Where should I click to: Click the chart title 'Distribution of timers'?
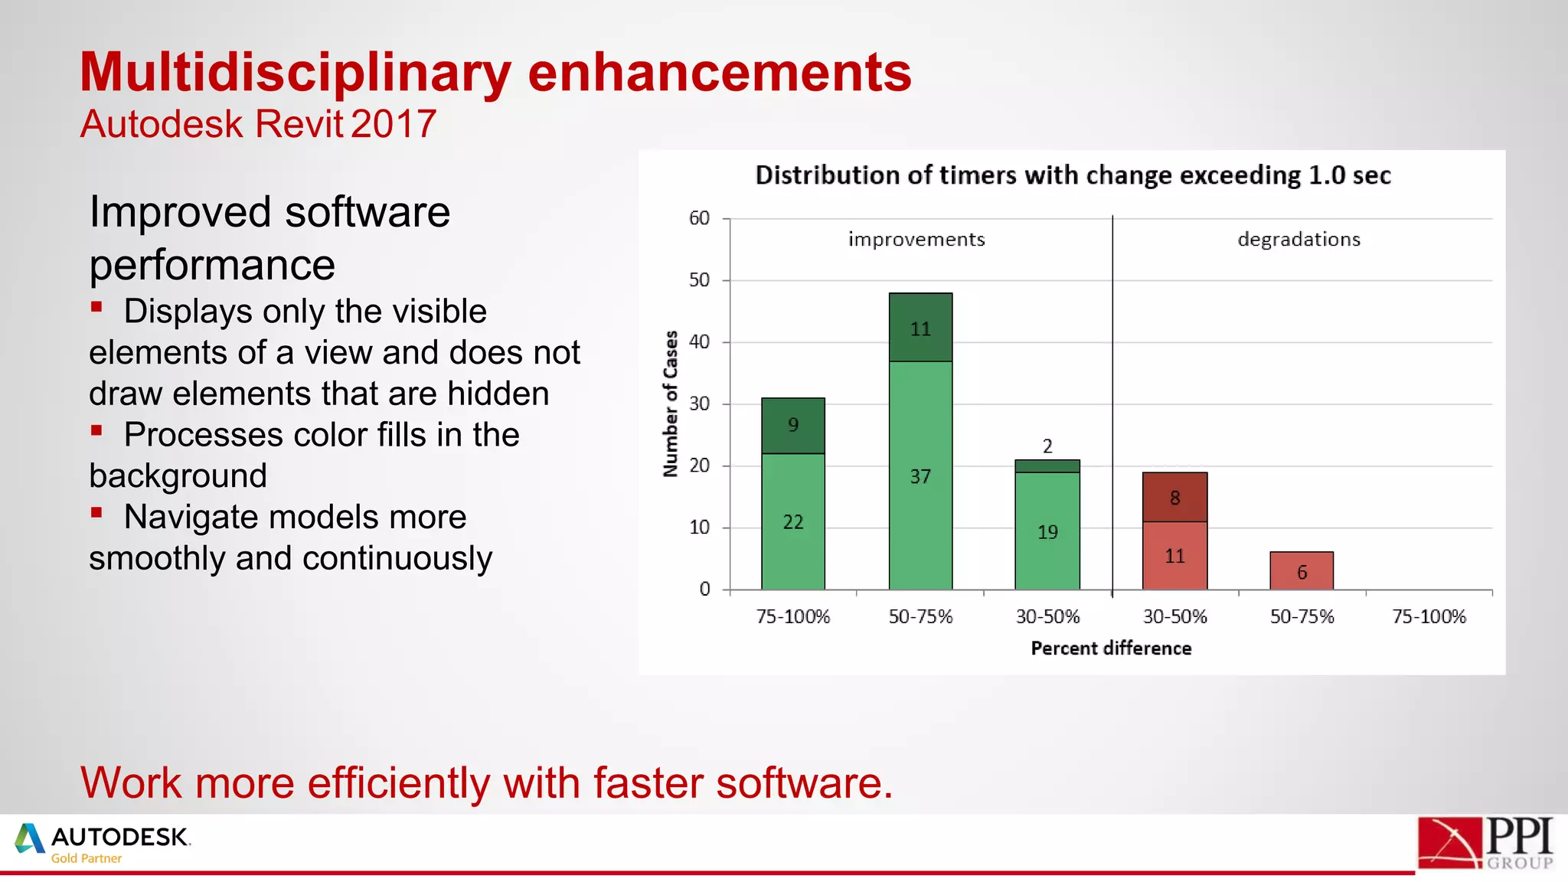[x=1072, y=175]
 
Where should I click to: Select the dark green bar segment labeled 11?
[x=920, y=328]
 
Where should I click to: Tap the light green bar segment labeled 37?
[x=920, y=475]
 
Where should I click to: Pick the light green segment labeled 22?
[x=793, y=521]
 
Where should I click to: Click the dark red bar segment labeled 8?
[x=1174, y=498]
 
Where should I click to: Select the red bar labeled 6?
[x=1302, y=571]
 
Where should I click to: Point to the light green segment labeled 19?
[x=1047, y=531]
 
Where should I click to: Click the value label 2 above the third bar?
[x=1047, y=446]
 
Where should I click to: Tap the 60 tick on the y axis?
[x=699, y=218]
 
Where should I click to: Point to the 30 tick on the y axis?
[x=699, y=403]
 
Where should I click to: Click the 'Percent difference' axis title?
[x=1111, y=648]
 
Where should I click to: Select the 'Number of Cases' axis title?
[x=671, y=403]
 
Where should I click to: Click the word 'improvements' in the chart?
[x=916, y=240]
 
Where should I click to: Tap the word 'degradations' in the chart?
[x=1298, y=240]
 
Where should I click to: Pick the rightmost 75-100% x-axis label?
[x=1429, y=616]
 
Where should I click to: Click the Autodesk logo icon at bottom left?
[x=30, y=838]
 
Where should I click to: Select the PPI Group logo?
[x=1485, y=843]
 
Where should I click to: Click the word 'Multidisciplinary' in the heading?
[x=295, y=73]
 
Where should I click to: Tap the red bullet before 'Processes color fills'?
[x=96, y=430]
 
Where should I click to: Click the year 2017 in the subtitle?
[x=394, y=124]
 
